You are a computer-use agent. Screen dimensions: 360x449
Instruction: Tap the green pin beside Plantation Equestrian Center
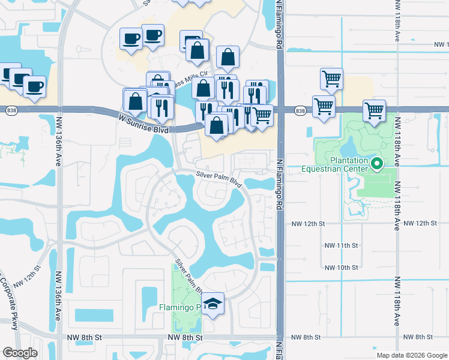(x=377, y=163)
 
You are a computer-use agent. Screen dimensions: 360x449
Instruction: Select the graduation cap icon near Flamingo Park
(x=212, y=304)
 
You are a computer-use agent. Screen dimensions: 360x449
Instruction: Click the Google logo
(x=20, y=353)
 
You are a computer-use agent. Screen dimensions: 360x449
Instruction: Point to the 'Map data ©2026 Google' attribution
(x=411, y=355)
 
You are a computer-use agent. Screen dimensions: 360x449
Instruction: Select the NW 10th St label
(x=341, y=267)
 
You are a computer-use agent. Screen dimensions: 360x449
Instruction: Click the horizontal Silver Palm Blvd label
(x=218, y=179)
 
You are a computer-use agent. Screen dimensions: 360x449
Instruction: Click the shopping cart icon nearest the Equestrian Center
(x=373, y=110)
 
